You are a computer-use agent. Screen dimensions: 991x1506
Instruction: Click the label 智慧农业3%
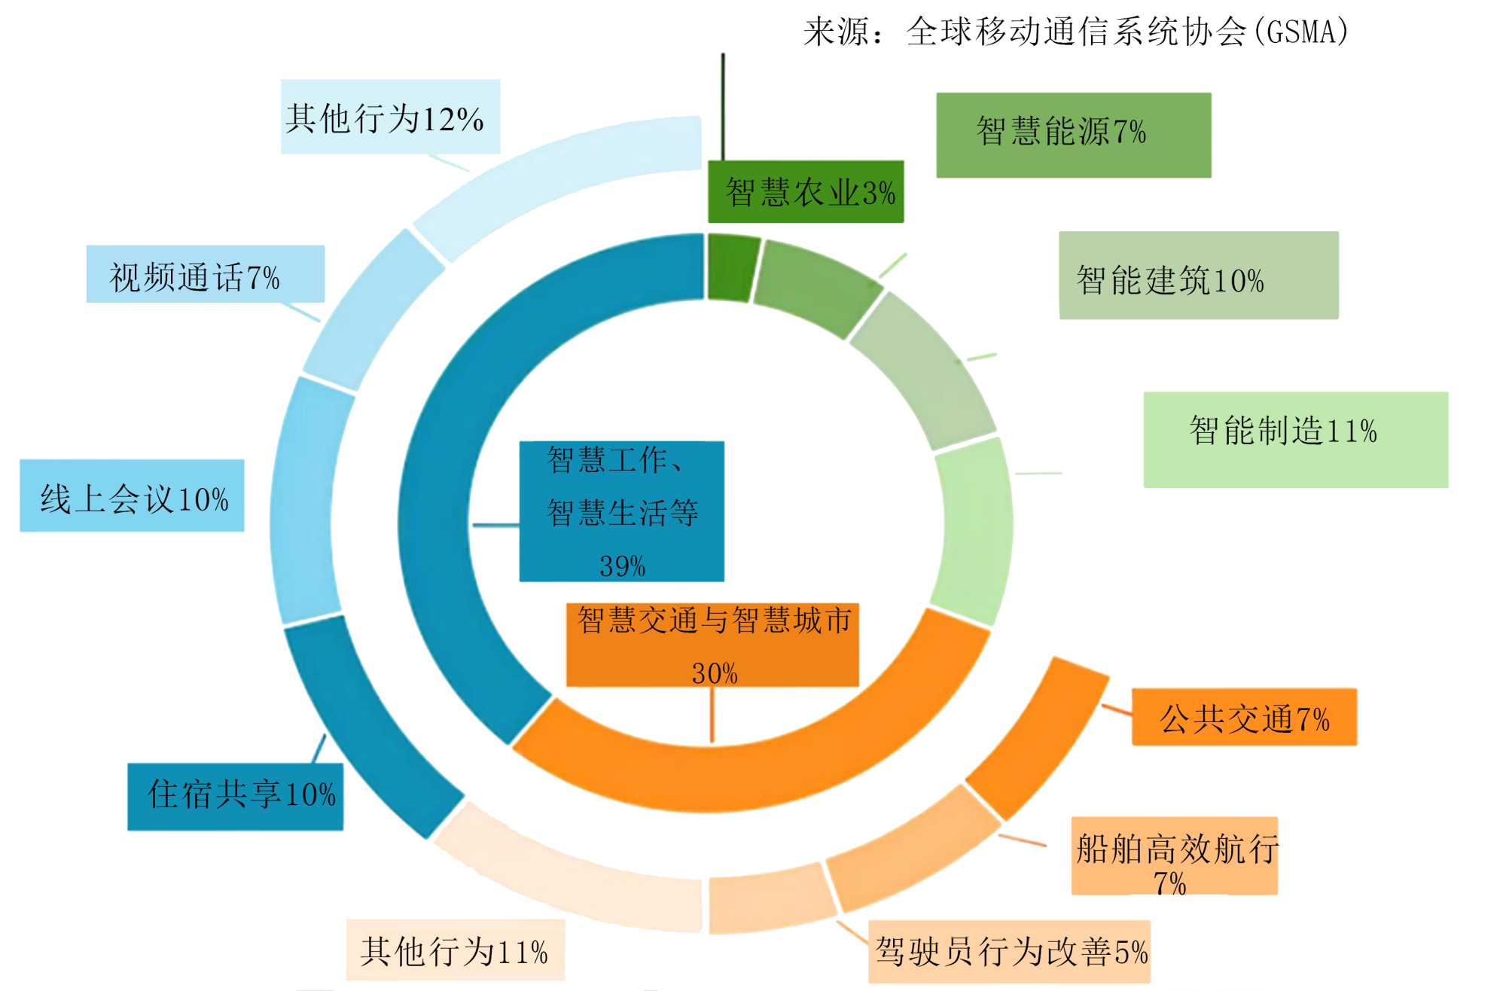point(806,192)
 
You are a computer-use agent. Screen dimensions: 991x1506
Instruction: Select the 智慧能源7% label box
point(1073,135)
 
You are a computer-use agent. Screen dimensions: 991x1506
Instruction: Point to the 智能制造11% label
point(1295,439)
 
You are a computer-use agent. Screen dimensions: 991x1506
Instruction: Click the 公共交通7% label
point(1244,717)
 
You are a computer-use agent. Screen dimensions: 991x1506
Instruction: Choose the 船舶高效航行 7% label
point(1175,856)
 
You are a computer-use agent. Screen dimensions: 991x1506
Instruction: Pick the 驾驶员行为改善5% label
point(1009,951)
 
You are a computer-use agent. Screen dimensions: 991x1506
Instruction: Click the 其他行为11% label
point(455,950)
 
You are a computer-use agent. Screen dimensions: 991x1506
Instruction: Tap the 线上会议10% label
point(133,496)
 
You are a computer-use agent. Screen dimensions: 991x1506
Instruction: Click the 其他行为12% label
point(390,117)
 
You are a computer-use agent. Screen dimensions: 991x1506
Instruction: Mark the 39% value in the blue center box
point(622,566)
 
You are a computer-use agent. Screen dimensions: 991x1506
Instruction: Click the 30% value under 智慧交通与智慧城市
point(714,672)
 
